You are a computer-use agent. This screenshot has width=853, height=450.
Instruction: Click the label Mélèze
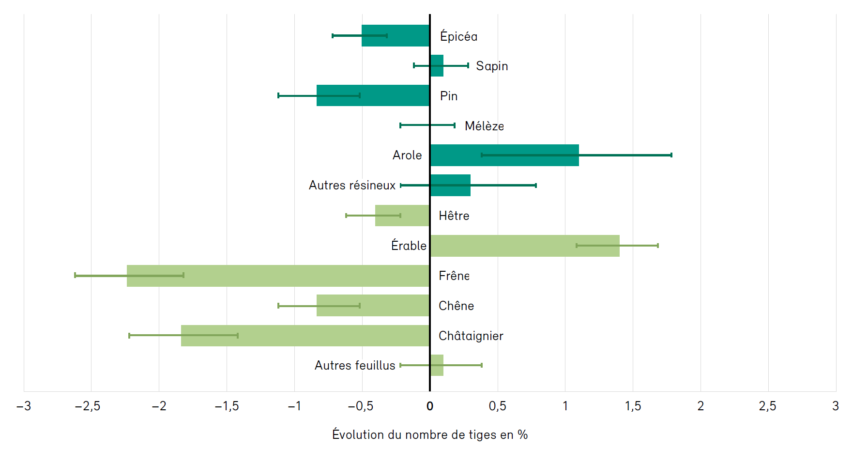[x=484, y=126]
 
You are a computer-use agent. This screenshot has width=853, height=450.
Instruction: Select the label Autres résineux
[x=352, y=185]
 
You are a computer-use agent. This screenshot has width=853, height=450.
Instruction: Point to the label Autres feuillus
[x=355, y=365]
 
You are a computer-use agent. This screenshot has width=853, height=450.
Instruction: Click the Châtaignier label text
[x=471, y=336]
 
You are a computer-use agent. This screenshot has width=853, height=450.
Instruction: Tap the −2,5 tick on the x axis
[x=88, y=406]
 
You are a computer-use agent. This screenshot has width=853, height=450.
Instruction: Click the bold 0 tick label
[x=429, y=406]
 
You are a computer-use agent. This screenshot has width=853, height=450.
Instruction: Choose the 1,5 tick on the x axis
[x=633, y=406]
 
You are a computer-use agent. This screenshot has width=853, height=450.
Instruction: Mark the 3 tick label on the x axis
[x=835, y=406]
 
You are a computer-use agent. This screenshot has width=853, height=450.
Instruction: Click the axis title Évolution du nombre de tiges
[x=429, y=434]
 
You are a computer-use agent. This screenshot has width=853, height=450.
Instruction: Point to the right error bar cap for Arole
[x=671, y=155]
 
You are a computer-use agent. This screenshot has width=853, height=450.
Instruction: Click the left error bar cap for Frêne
[x=75, y=275]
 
